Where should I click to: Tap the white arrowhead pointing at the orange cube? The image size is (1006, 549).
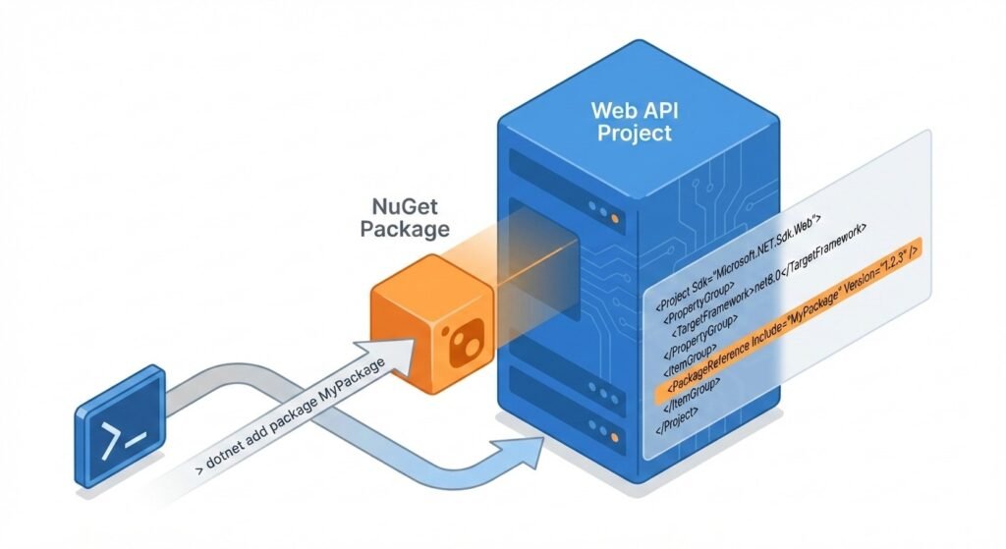point(398,348)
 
